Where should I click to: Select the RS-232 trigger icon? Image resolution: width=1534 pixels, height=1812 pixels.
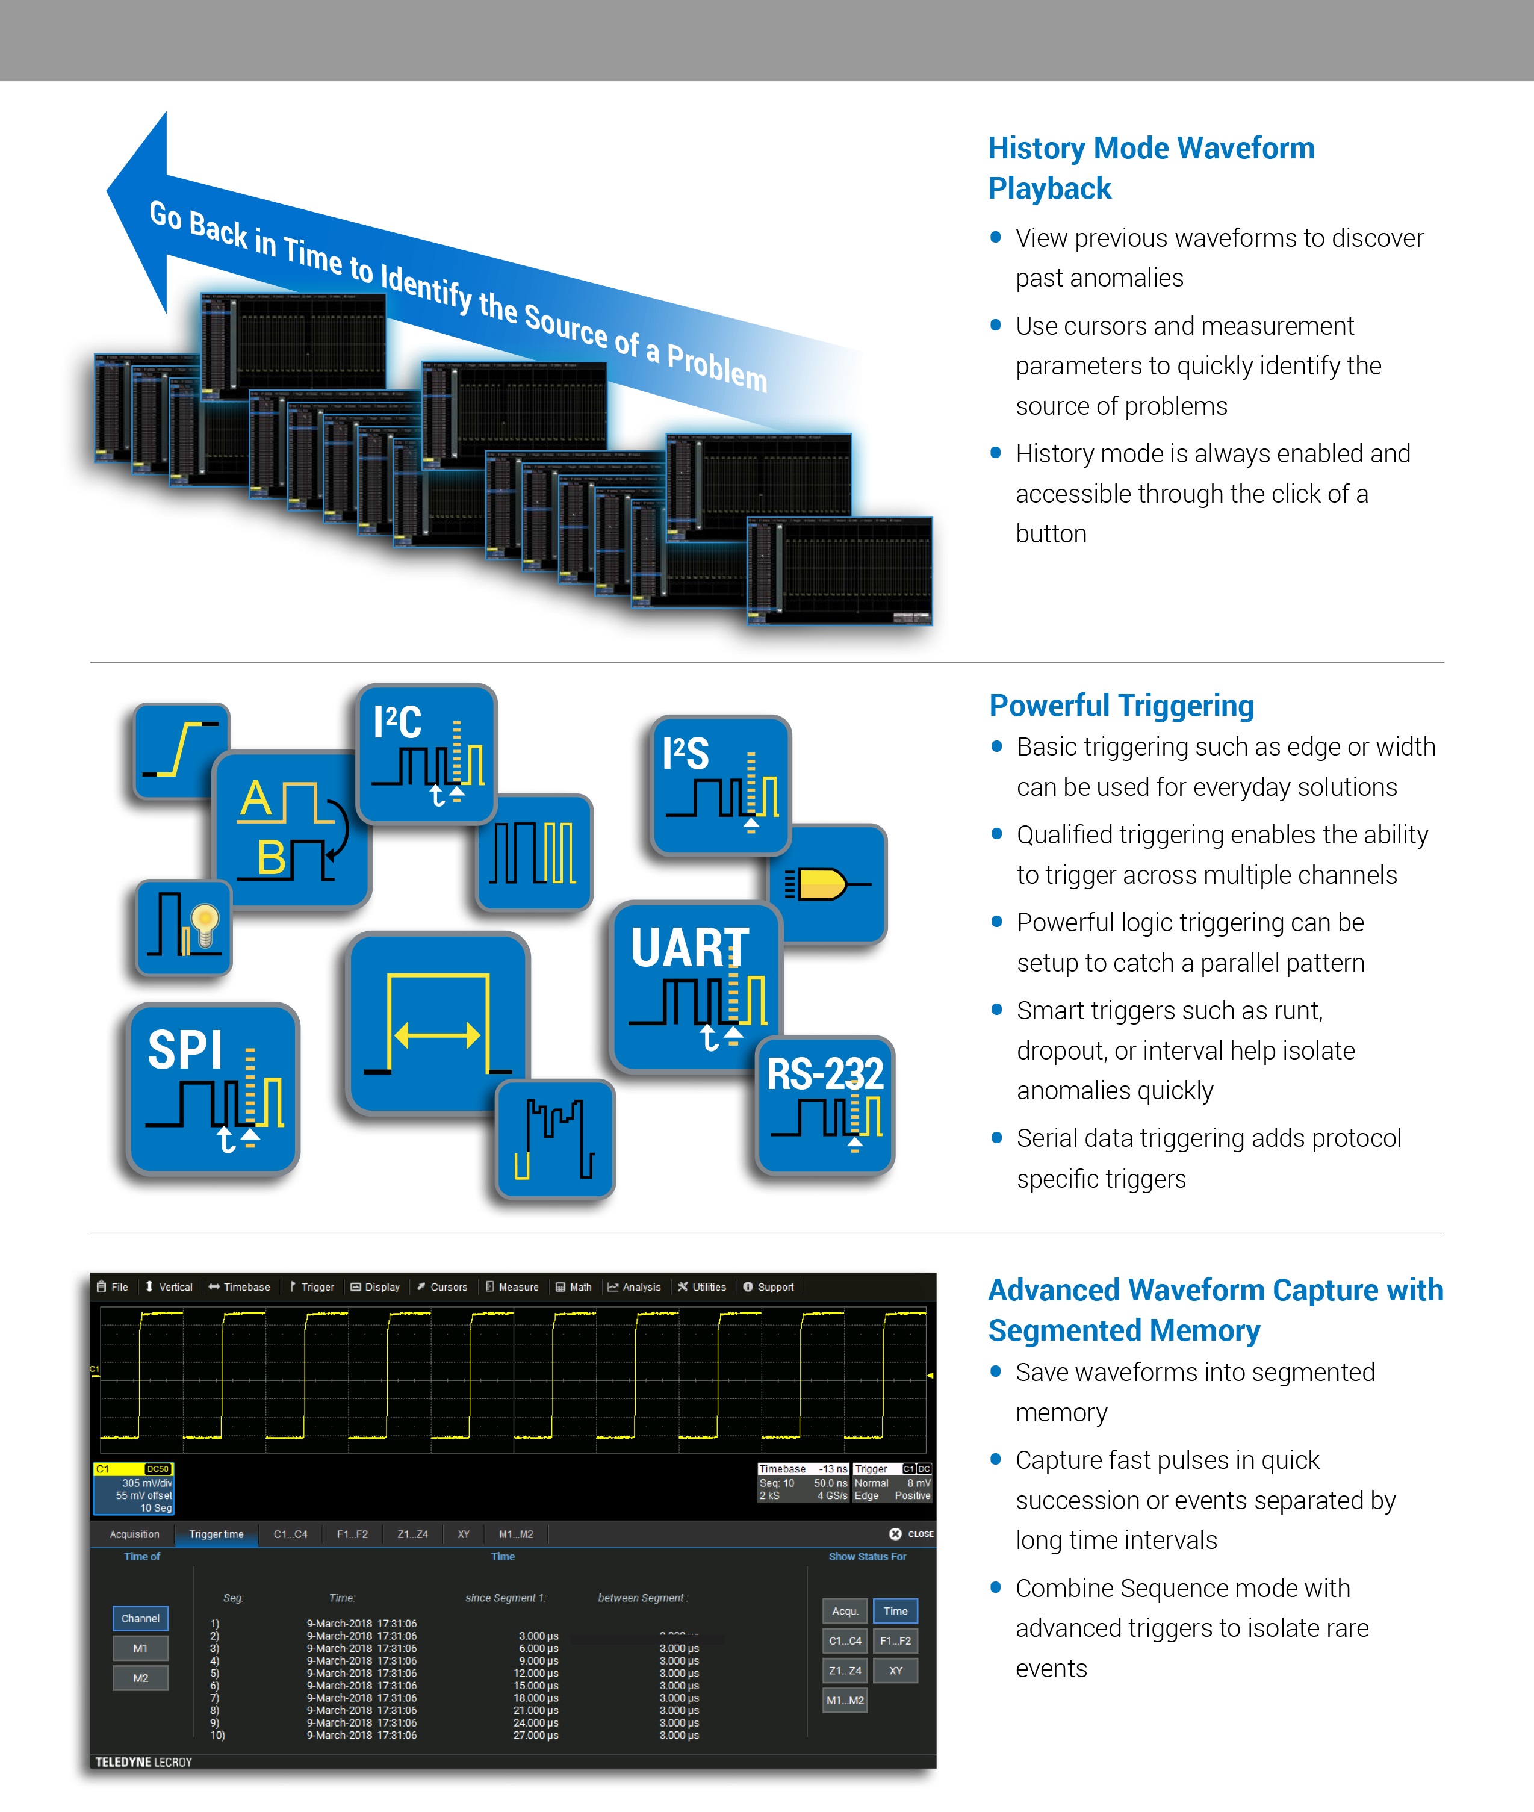pos(824,1104)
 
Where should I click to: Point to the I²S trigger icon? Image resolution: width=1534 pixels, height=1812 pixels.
pos(721,783)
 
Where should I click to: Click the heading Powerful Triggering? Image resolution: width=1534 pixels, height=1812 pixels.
pos(1121,705)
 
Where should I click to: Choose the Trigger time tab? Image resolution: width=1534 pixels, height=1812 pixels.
pos(217,1534)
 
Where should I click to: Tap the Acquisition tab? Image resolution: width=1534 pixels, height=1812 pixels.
pos(135,1534)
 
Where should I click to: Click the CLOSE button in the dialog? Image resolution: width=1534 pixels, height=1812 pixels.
pos(911,1534)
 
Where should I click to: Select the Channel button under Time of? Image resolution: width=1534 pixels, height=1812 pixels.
pos(141,1618)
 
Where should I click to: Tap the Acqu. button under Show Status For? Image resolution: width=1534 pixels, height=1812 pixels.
pos(845,1611)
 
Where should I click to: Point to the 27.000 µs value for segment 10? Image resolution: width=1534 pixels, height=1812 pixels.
pos(536,1734)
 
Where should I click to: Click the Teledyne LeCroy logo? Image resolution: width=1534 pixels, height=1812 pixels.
pos(143,1761)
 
